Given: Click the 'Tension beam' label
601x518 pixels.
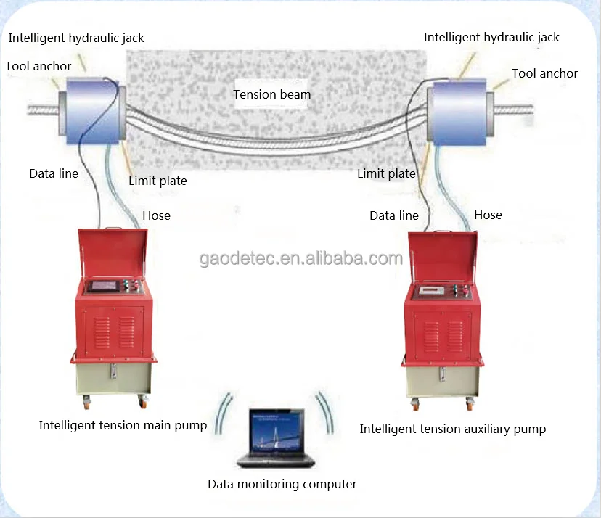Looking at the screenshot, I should pyautogui.click(x=271, y=94).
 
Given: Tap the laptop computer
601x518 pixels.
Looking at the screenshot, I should pyautogui.click(x=275, y=439).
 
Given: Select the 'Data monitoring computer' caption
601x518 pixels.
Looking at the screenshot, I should pyautogui.click(x=282, y=484).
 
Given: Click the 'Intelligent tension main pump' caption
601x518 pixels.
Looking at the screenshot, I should pyautogui.click(x=123, y=425).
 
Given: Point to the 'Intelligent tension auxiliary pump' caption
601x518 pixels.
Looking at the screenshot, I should pyautogui.click(x=452, y=429).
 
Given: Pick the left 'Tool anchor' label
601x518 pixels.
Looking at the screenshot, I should pyautogui.click(x=38, y=66).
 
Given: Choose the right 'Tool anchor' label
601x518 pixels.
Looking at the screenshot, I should pyautogui.click(x=544, y=73).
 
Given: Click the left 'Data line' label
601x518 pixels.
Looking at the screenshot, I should pyautogui.click(x=53, y=173).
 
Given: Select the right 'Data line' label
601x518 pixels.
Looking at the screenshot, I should pyautogui.click(x=393, y=215).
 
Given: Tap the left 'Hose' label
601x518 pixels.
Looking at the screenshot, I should pyautogui.click(x=156, y=215).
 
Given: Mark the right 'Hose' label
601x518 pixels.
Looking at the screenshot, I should pyautogui.click(x=488, y=215).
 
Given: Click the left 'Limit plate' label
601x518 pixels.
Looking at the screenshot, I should pyautogui.click(x=158, y=181).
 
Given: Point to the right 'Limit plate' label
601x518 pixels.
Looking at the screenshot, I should pyautogui.click(x=386, y=173).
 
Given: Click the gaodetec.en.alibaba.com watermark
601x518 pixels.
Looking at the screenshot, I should pyautogui.click(x=300, y=259).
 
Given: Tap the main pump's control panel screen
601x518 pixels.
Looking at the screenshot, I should pyautogui.click(x=104, y=286).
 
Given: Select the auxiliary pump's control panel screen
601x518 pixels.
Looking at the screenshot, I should pyautogui.click(x=430, y=291).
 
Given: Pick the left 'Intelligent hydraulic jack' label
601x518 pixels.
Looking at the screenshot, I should pyautogui.click(x=76, y=38).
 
